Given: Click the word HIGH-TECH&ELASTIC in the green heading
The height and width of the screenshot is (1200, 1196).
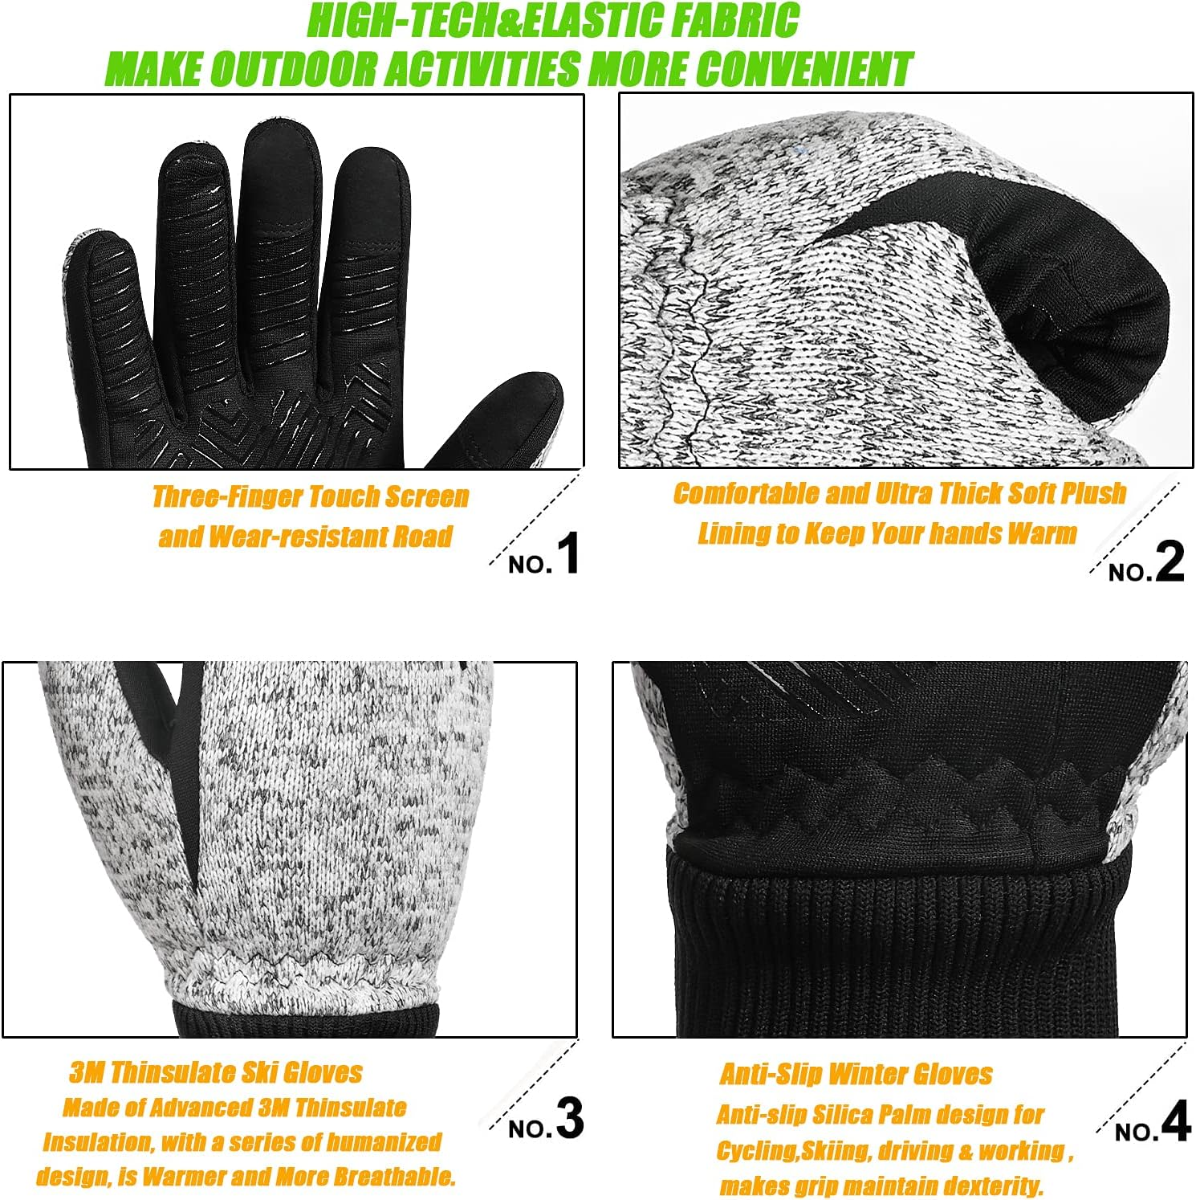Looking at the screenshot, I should tap(470, 22).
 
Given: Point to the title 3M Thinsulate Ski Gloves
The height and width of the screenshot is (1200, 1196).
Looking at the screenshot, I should tap(215, 1072).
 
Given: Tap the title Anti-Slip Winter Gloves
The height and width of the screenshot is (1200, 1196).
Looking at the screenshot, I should tap(856, 1075).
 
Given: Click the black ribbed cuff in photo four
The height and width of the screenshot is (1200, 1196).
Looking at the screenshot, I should tap(899, 948).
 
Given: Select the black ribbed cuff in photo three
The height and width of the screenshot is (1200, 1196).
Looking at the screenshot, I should tap(305, 1018).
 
